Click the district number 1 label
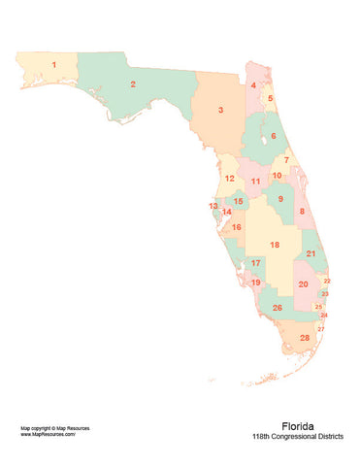[53, 65]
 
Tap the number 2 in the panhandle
[132, 84]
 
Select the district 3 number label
[220, 111]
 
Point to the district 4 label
[253, 86]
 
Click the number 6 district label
[273, 136]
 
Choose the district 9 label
[280, 199]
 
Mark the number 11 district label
[255, 181]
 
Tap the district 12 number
[229, 179]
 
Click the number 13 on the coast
[213, 206]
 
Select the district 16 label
[236, 227]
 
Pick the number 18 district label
[276, 245]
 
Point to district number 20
[303, 284]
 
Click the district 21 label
[311, 253]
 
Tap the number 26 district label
[277, 308]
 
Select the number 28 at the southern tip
[305, 338]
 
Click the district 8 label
[301, 211]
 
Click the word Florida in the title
[297, 425]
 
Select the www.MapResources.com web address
[48, 434]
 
